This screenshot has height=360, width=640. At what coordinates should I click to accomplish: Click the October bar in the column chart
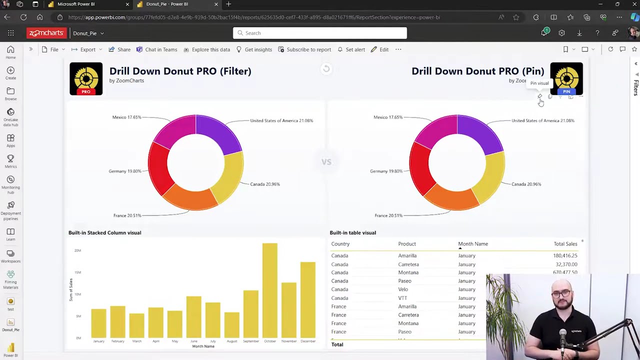coord(269,290)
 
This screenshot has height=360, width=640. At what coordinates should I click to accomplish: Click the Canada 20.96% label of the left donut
coord(264,184)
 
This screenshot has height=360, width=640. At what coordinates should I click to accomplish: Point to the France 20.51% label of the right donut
coord(388,215)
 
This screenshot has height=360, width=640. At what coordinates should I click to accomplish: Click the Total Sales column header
coord(565,244)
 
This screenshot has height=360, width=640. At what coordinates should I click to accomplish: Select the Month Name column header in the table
coord(473,244)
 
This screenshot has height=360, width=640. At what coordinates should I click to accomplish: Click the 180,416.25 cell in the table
coord(565,255)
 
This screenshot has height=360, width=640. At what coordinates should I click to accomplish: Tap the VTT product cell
coord(402,298)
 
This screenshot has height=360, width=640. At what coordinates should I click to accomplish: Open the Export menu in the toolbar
coord(87,49)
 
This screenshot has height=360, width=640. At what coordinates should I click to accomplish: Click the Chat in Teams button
coord(157,49)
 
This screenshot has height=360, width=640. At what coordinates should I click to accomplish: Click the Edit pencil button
coord(379,49)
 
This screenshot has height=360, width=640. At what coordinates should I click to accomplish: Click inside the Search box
coord(320,33)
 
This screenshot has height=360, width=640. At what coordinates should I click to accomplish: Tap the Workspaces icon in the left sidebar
coord(10,255)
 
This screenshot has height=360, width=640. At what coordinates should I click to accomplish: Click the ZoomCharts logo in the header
coord(46,33)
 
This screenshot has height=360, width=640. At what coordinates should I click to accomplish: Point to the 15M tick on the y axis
coord(77,272)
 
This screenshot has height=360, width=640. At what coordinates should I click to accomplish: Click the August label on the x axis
coord(231,341)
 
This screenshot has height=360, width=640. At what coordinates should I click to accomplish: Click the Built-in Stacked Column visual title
coord(105,232)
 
